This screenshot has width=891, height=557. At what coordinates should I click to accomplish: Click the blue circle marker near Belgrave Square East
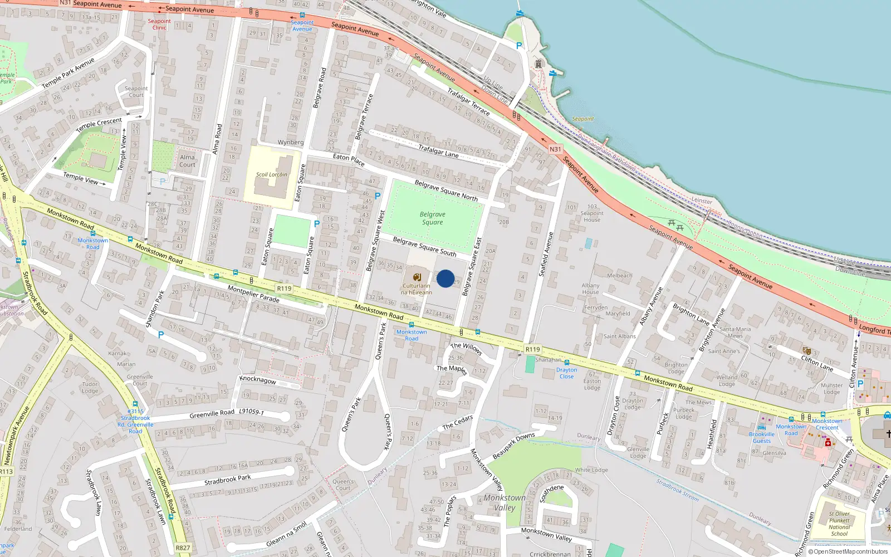445,278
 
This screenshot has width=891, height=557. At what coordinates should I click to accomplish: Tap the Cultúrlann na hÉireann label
417,289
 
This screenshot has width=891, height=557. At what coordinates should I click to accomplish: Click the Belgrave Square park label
432,218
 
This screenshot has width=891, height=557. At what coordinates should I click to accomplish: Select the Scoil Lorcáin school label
272,174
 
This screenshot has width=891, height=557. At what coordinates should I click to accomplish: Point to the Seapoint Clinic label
159,25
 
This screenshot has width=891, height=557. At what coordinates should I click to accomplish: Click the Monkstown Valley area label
505,502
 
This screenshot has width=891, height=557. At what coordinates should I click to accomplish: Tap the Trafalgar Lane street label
438,151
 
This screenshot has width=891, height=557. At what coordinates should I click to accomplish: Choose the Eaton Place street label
349,160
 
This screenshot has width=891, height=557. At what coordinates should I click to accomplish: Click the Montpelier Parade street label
253,294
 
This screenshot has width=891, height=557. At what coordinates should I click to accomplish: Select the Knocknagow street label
258,380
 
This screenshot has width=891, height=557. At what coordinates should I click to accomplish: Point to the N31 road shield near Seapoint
555,149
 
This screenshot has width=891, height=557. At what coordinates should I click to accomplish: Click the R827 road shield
183,548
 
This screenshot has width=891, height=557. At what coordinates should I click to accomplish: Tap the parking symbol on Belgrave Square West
378,196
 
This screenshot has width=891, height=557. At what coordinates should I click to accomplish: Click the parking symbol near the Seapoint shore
519,46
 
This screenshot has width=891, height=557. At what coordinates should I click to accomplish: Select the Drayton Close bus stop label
566,373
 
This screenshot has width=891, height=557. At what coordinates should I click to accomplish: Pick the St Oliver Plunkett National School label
839,524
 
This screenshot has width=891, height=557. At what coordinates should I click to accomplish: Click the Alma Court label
187,161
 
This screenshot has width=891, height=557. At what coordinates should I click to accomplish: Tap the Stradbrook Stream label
677,490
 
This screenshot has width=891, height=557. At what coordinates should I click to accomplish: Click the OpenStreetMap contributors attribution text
848,552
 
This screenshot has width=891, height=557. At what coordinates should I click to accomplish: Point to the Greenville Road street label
212,414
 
